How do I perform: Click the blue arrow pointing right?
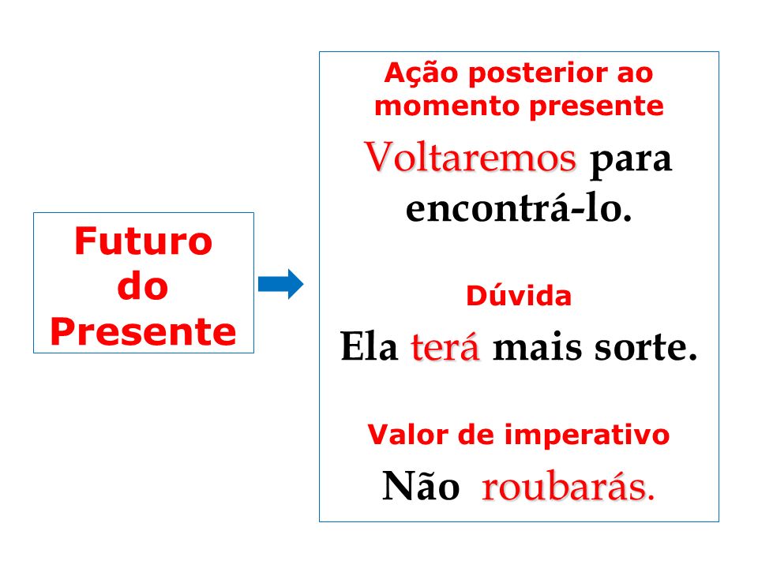click(280, 284)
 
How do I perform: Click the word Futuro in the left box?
click(144, 241)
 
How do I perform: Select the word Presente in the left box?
click(143, 331)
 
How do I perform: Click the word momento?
click(447, 106)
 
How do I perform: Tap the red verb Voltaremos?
click(470, 157)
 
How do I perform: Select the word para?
click(631, 160)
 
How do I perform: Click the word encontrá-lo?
click(519, 208)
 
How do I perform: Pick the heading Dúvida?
click(519, 295)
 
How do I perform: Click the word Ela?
click(369, 346)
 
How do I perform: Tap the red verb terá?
click(445, 346)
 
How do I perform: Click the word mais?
click(537, 347)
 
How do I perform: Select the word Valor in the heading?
click(408, 435)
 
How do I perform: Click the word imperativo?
click(587, 435)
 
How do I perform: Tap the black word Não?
click(421, 486)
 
